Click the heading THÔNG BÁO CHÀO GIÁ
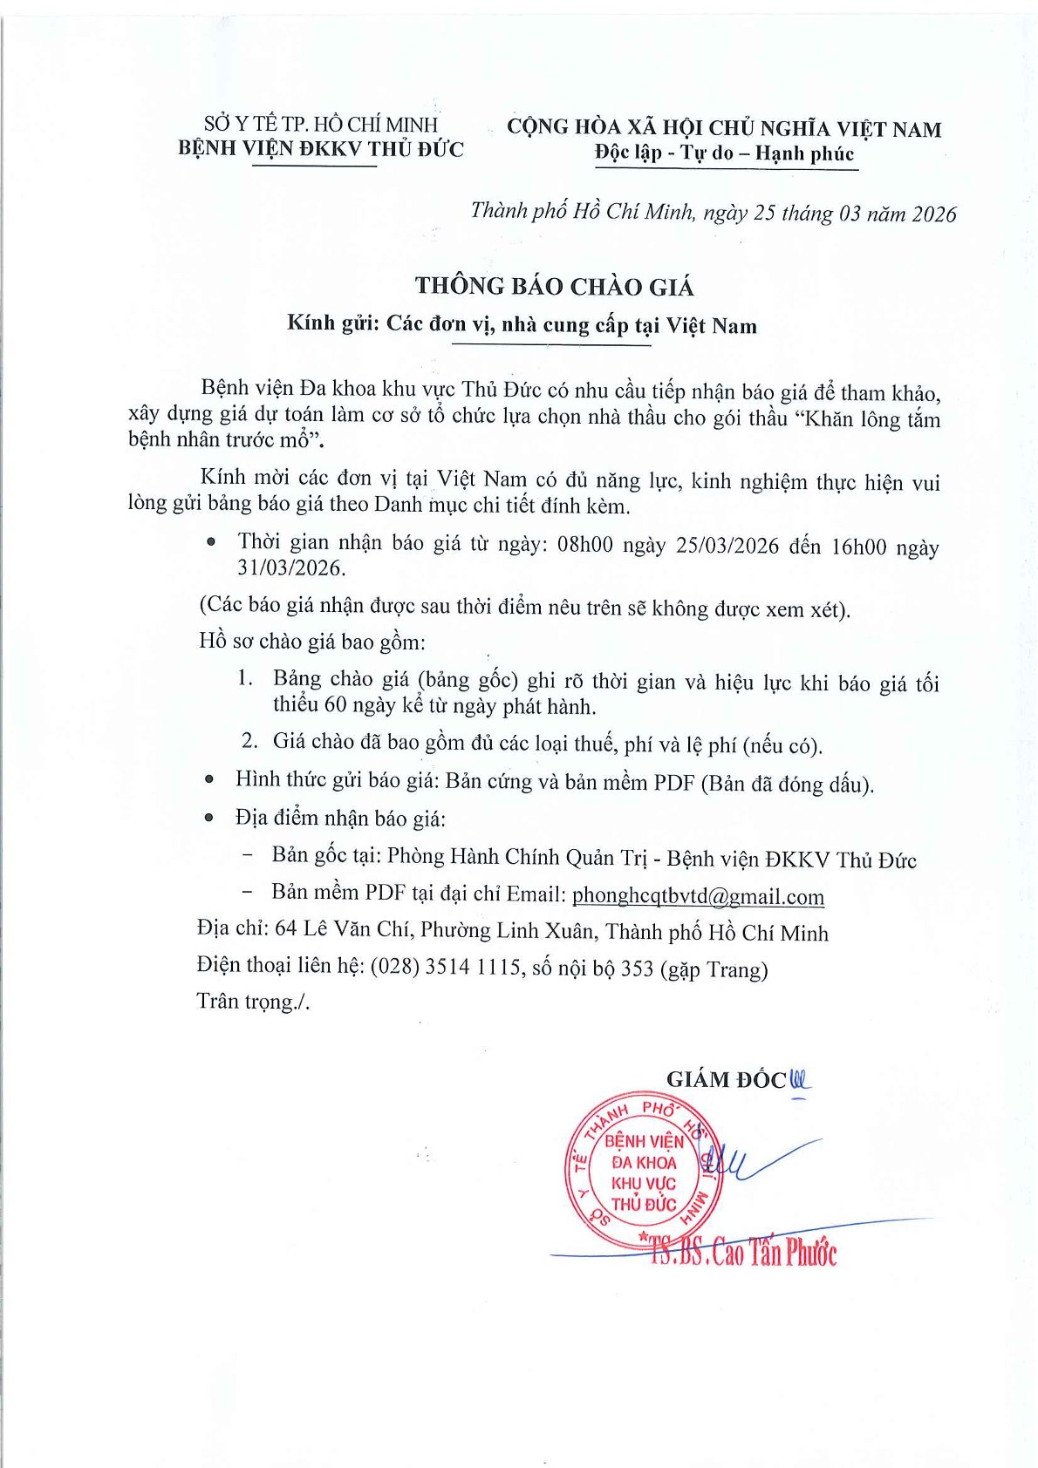click(554, 286)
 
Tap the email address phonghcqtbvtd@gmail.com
click(698, 896)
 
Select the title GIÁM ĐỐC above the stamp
click(726, 1079)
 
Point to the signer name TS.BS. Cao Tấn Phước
click(744, 1254)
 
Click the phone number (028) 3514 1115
click(446, 968)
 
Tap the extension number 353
click(637, 968)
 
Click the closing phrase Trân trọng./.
click(253, 1002)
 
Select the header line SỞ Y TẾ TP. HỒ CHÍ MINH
click(321, 125)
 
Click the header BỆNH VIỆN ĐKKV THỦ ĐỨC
click(321, 148)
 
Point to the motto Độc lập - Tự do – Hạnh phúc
click(724, 154)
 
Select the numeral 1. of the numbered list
click(246, 678)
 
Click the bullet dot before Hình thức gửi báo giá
click(208, 780)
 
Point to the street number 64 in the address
click(286, 929)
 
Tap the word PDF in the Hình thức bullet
click(675, 782)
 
